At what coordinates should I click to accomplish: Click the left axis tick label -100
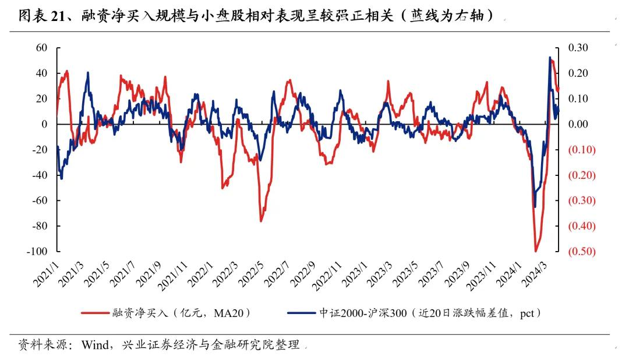click(37, 252)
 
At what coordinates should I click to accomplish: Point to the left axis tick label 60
click(41, 48)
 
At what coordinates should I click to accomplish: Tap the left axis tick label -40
click(39, 175)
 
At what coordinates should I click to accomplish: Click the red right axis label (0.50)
click(581, 252)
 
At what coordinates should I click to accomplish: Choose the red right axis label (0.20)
click(581, 175)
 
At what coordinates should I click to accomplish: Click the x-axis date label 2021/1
click(46, 274)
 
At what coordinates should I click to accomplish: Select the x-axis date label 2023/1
click(354, 274)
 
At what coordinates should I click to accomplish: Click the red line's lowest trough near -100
click(535, 251)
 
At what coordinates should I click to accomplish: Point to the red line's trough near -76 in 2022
click(261, 221)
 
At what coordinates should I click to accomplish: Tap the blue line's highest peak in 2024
click(550, 57)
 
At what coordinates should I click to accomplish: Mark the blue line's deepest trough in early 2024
click(535, 207)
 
